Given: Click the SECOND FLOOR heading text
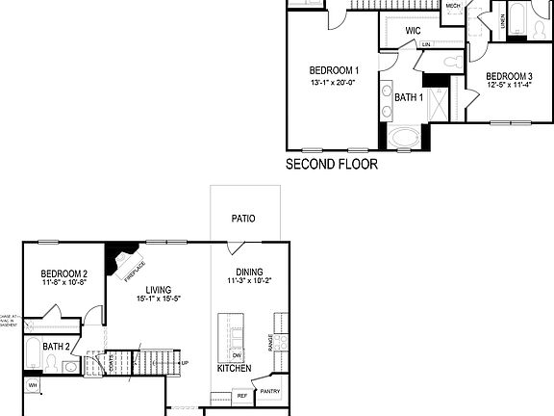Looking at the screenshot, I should pyautogui.click(x=332, y=165).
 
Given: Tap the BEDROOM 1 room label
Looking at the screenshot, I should pyautogui.click(x=334, y=70).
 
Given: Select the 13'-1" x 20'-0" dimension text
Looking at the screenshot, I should pyautogui.click(x=334, y=83).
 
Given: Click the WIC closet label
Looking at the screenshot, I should pyautogui.click(x=413, y=32).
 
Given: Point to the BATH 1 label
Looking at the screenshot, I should pyautogui.click(x=408, y=96).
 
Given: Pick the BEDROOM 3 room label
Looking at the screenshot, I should pyautogui.click(x=509, y=77).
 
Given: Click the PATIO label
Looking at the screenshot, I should pyautogui.click(x=243, y=219).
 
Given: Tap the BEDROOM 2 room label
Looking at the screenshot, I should pyautogui.click(x=64, y=273).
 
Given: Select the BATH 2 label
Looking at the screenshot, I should pyautogui.click(x=56, y=346).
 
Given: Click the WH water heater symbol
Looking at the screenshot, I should pyautogui.click(x=32, y=386).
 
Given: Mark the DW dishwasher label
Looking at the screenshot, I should pyautogui.click(x=237, y=356).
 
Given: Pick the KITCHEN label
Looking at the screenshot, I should pyautogui.click(x=235, y=369).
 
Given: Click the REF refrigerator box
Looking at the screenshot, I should pyautogui.click(x=241, y=395).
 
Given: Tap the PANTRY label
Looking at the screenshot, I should pyautogui.click(x=269, y=391).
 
